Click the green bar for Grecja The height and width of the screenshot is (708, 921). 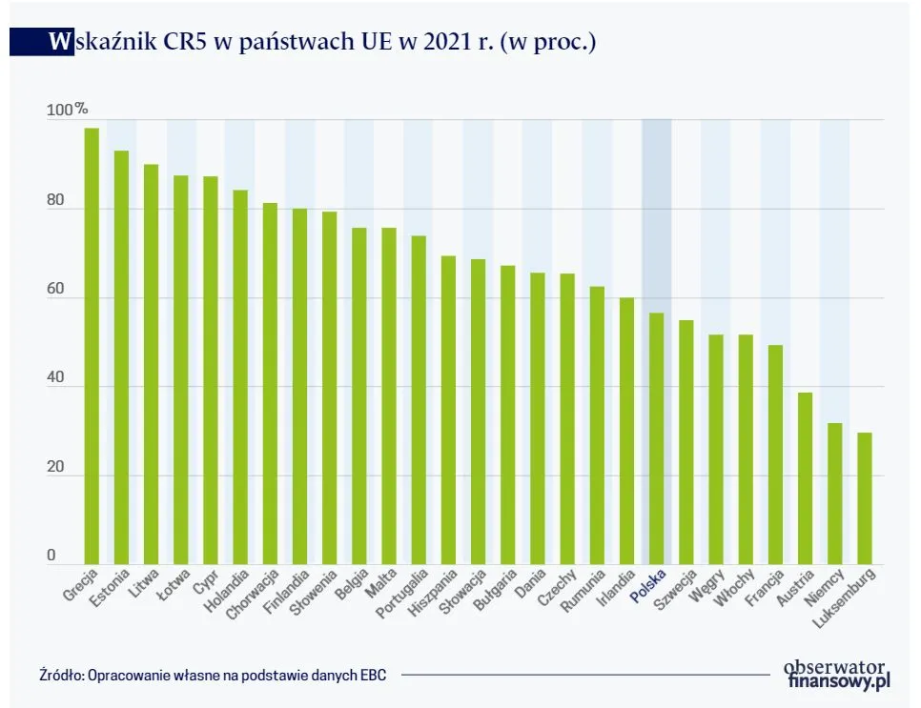(92, 346)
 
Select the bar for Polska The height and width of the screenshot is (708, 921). (656, 438)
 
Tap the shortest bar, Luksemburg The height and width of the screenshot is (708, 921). (864, 498)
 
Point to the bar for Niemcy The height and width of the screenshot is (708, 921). (834, 494)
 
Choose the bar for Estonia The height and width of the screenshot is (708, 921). (121, 357)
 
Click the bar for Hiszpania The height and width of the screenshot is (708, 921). (448, 410)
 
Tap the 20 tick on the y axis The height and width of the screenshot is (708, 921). (56, 468)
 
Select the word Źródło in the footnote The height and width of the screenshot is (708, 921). (61, 674)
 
